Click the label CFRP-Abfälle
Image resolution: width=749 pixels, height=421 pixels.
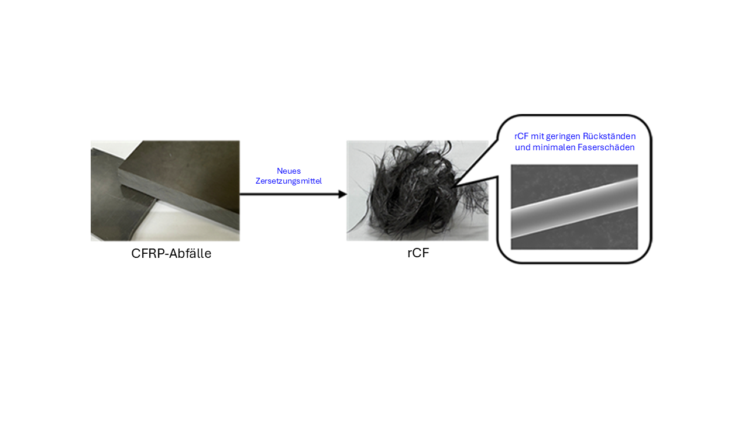coord(171,254)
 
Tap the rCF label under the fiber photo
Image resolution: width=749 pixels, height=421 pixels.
coord(418,253)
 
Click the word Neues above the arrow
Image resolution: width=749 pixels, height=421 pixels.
coord(288,171)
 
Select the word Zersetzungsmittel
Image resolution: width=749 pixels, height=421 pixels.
coord(288,181)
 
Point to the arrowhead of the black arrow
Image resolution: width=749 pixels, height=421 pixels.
coord(343,194)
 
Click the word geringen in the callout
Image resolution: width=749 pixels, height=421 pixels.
coord(565,136)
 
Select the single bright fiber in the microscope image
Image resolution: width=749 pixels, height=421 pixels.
coord(574,207)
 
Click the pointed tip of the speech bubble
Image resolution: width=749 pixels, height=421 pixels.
coord(455,186)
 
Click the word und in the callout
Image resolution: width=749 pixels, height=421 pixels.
coord(522,147)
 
